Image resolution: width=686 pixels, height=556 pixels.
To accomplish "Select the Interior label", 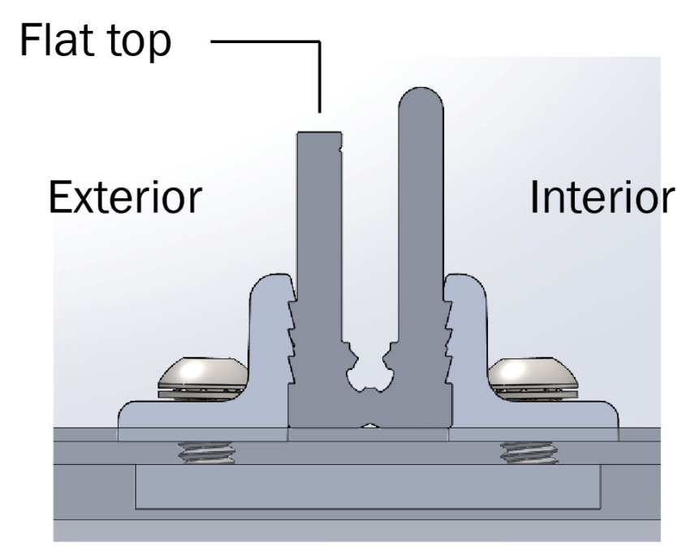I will pos(602,197).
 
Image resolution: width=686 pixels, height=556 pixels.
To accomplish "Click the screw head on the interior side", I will pos(533,376).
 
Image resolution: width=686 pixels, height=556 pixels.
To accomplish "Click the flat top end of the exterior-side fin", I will pos(319,134).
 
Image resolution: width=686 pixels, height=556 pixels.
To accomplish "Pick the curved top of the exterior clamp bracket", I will pos(268,280).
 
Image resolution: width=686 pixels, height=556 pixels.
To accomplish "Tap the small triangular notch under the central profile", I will pos(369,425).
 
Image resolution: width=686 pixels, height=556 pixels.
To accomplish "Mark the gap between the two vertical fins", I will pos(369,244).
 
